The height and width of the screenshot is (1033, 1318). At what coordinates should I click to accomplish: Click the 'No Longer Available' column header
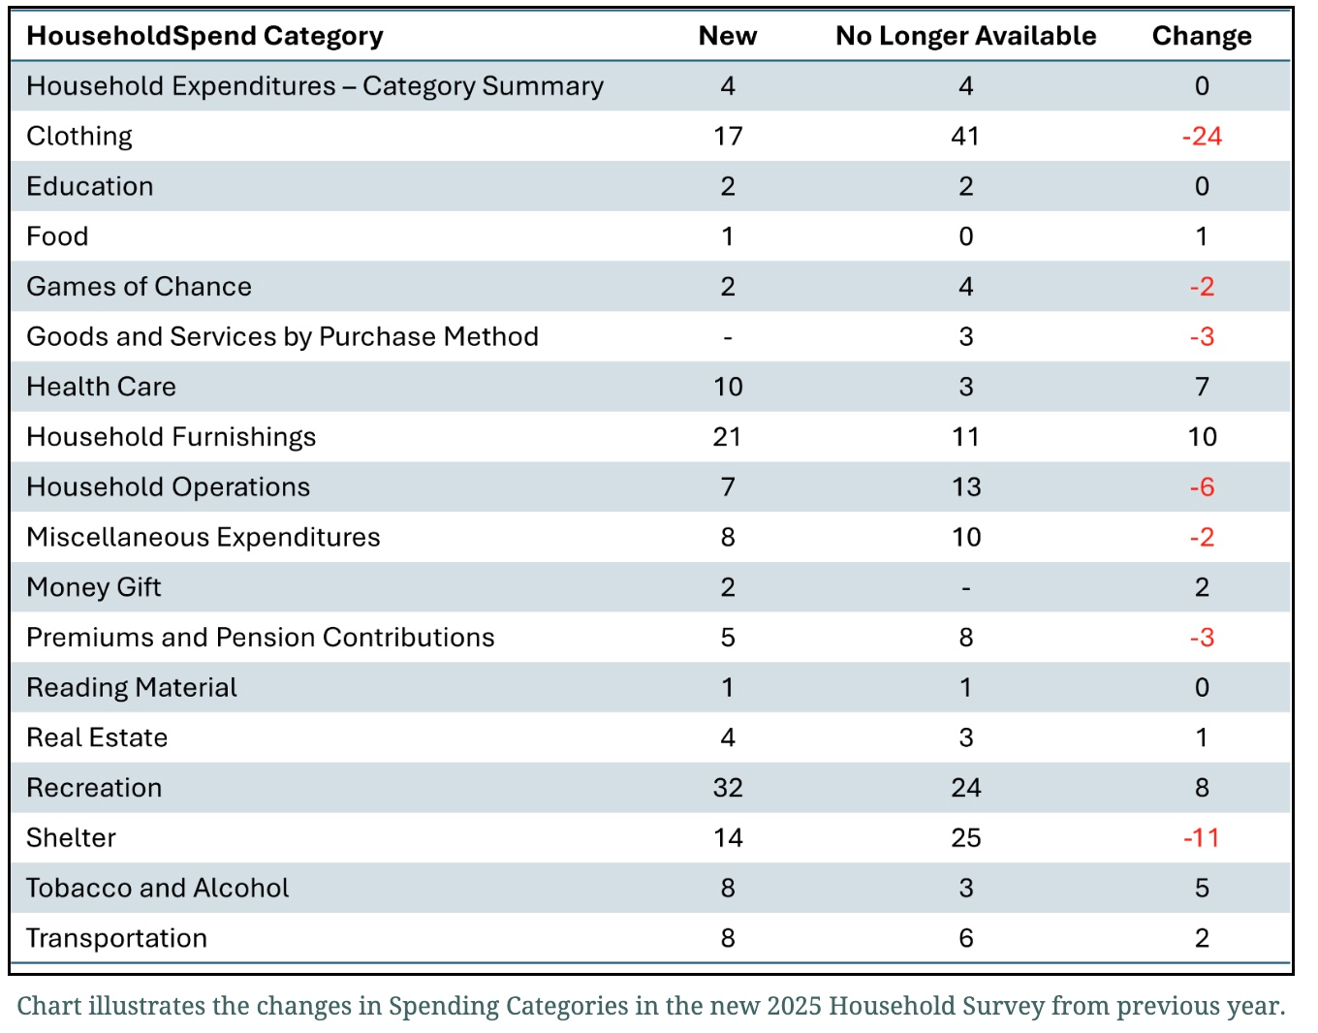click(965, 36)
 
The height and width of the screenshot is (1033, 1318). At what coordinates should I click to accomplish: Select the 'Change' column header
click(1201, 36)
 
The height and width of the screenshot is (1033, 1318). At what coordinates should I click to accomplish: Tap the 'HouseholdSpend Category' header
click(204, 36)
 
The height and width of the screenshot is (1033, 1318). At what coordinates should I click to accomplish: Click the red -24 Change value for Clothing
click(1201, 137)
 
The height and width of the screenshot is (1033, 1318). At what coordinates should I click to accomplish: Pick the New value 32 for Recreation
click(727, 788)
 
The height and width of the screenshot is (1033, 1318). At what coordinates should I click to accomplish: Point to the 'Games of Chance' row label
click(139, 287)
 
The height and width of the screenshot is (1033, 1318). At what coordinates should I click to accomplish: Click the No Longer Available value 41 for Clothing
click(965, 137)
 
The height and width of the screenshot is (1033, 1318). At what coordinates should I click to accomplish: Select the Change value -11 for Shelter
click(1201, 838)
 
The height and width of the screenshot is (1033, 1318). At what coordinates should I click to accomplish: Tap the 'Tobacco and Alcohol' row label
click(157, 889)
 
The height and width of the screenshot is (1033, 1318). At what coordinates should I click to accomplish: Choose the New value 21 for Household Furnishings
click(727, 437)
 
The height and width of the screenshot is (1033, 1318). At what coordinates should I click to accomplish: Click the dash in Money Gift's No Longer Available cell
click(965, 588)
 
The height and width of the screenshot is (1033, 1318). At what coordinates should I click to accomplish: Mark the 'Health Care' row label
click(101, 387)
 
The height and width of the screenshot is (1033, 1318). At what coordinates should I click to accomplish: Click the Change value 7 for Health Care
click(1202, 387)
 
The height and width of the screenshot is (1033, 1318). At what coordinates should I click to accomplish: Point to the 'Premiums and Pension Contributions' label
click(260, 638)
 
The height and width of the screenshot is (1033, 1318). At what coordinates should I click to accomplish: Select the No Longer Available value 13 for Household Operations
click(965, 487)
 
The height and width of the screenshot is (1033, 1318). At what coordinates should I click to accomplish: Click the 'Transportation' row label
click(116, 939)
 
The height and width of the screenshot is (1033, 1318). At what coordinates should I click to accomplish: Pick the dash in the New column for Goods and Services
click(728, 338)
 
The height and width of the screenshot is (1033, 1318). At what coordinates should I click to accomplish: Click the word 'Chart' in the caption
click(49, 1006)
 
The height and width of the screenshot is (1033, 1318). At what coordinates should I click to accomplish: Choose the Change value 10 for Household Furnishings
click(1202, 437)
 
